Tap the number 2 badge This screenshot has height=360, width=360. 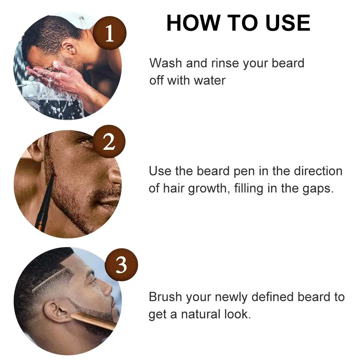coord(109,143)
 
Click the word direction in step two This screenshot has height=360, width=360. coord(318,171)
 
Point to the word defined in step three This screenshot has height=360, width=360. coord(273,297)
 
